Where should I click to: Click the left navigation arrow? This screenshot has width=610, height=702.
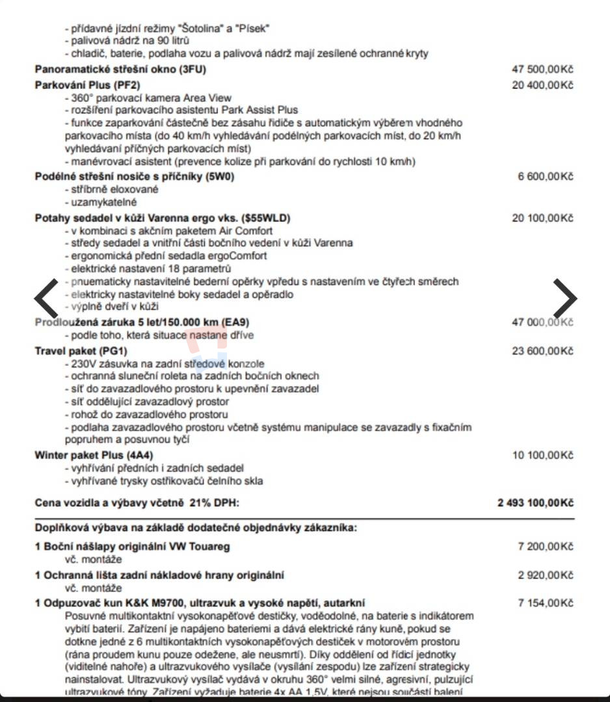46,298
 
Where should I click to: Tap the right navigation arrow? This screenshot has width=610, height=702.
564,298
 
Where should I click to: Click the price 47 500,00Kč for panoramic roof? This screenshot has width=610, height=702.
542,70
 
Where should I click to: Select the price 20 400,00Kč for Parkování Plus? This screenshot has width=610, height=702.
542,85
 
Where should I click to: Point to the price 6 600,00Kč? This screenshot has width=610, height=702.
546,176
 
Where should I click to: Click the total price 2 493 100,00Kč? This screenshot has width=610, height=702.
535,503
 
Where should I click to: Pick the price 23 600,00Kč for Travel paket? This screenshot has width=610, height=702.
542,351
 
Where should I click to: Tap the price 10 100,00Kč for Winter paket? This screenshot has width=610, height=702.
542,455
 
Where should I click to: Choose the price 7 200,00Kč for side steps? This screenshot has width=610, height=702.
546,547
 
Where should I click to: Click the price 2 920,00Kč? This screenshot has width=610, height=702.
546,575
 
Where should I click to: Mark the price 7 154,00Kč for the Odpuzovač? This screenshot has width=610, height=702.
546,603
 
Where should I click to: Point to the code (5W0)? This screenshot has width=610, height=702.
220,176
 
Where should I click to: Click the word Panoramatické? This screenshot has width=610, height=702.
71,70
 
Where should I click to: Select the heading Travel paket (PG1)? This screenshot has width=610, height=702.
81,351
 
